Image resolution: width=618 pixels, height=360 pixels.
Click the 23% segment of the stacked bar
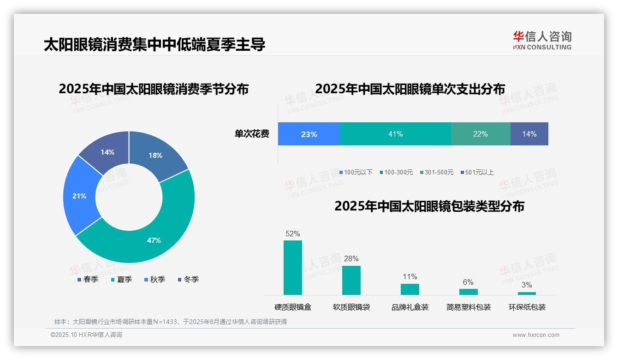[x=309, y=134]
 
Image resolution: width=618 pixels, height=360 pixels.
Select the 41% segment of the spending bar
[x=395, y=134]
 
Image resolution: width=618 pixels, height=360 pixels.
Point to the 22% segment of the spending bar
[x=480, y=134]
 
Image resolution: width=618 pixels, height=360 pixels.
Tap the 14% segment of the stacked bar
[x=529, y=134]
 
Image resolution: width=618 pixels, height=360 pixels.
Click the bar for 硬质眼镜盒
[x=292, y=268]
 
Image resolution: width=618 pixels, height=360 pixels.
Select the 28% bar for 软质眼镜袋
[x=351, y=280]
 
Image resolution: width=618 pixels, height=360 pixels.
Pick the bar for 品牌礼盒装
[x=410, y=289]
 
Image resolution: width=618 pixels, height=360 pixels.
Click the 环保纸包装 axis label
[x=527, y=307]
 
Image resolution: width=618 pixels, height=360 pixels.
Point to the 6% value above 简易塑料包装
[x=468, y=282]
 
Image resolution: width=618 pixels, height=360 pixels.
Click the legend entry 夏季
[x=122, y=280]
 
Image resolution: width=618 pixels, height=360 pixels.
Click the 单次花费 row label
[x=252, y=134]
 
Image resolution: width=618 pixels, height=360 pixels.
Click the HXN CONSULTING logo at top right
[x=542, y=40]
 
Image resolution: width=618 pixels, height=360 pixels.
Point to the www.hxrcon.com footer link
[x=535, y=335]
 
